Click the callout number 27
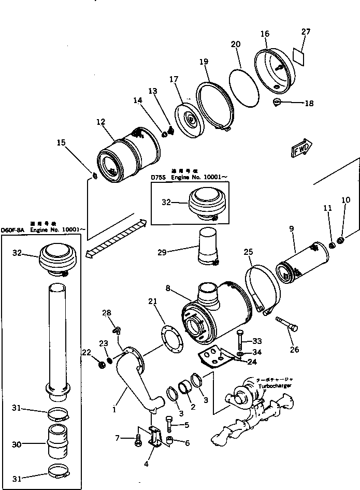pyautogui.click(x=306, y=32)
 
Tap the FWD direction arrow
pyautogui.click(x=302, y=148)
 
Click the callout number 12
pyautogui.click(x=100, y=122)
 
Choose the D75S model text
pyautogui.click(x=159, y=177)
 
